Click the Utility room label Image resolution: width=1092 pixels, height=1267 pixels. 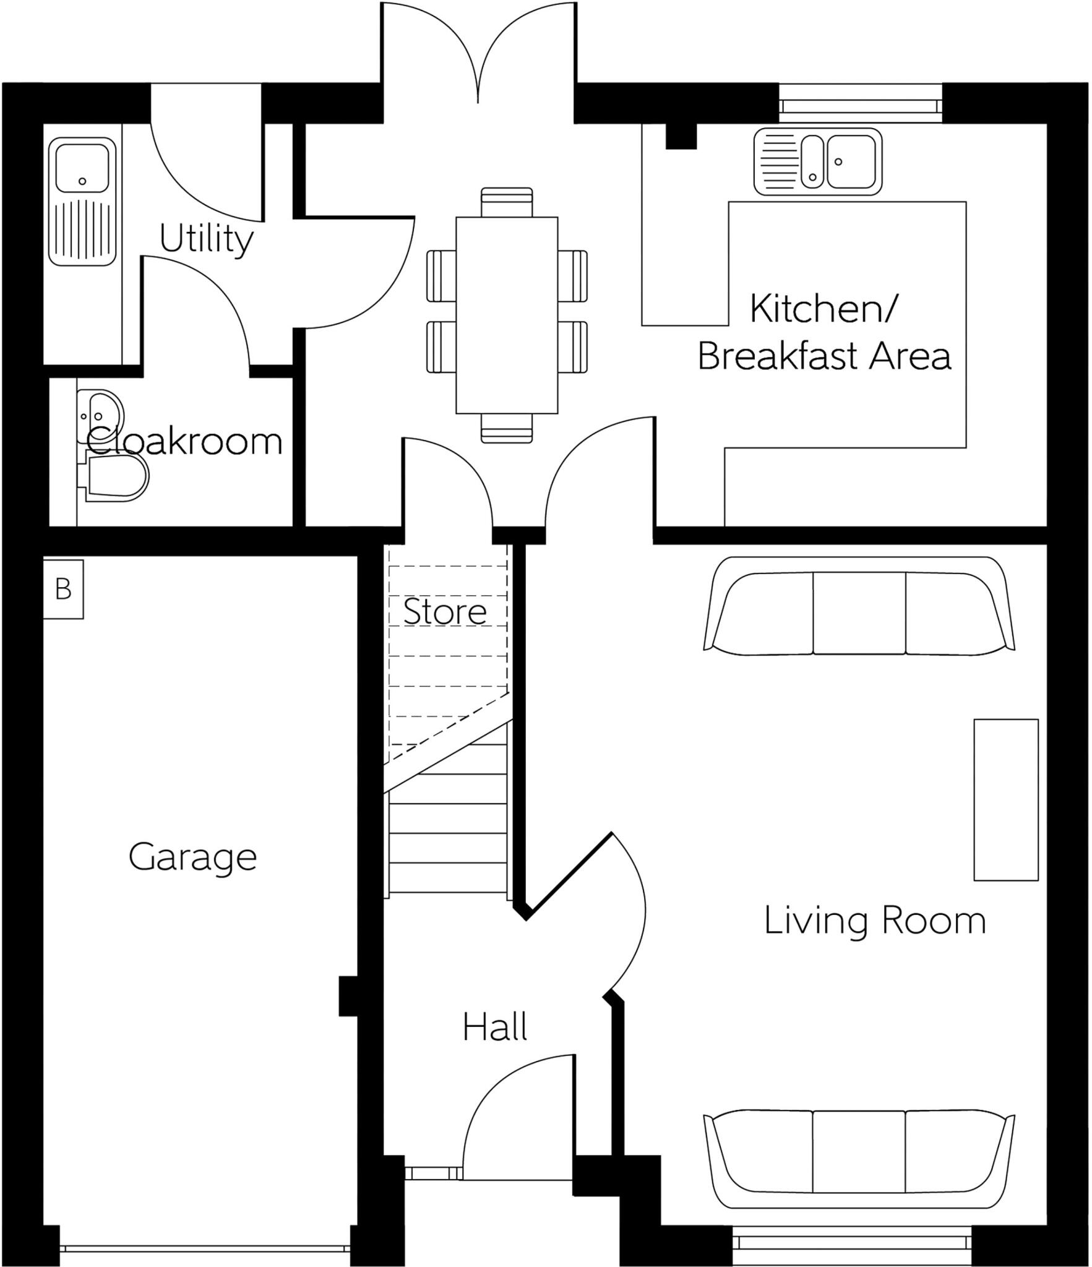(206, 239)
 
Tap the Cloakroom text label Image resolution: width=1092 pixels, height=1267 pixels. (184, 442)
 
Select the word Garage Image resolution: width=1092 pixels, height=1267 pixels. (192, 857)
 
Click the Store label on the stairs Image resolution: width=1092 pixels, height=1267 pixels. (445, 612)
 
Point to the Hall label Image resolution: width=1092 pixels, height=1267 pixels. (495, 1028)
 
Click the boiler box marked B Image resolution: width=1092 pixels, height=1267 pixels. (63, 589)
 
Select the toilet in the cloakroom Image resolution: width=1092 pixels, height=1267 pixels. (116, 478)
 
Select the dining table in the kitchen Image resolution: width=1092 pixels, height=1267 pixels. (506, 315)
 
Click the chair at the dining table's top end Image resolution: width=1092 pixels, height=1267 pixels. (506, 202)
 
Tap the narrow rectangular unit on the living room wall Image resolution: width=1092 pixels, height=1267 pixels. (1005, 799)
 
